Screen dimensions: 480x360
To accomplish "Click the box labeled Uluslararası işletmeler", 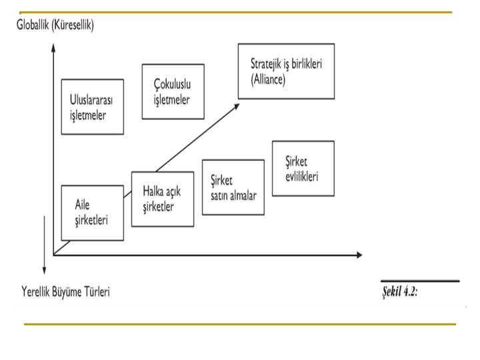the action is click(x=92, y=107).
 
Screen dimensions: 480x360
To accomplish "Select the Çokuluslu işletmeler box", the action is click(x=173, y=91).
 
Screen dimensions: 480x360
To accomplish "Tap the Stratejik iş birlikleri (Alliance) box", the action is click(x=286, y=71).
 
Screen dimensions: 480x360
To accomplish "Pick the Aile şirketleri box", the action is click(x=92, y=213).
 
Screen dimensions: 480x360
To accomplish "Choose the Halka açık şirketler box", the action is click(x=163, y=199).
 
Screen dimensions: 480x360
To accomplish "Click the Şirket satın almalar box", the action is click(x=233, y=187).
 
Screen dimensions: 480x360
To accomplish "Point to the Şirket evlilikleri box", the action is click(x=303, y=168).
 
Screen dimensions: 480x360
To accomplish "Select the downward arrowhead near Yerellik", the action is click(x=44, y=270).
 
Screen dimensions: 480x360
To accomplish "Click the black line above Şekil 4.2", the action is click(x=419, y=282).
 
